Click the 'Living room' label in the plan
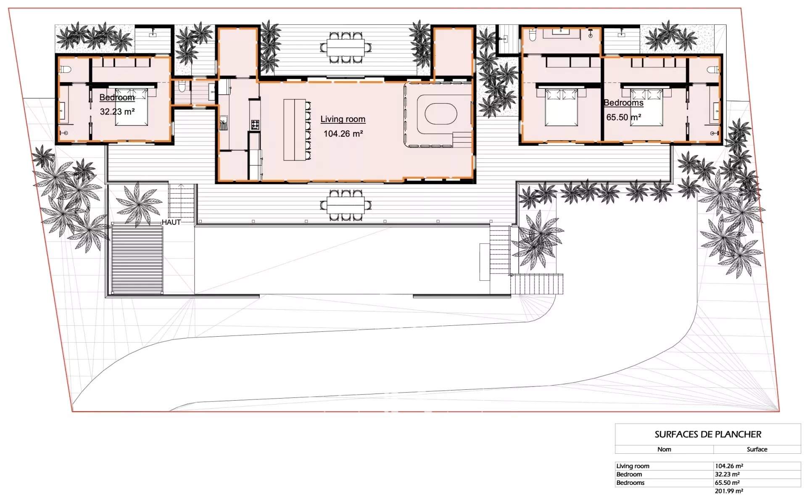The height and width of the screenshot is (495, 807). pos(343,119)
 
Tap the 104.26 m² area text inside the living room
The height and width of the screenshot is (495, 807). pos(343,134)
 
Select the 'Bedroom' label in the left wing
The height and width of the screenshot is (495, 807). pos(117,97)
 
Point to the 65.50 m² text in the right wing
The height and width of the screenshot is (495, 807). pos(623,117)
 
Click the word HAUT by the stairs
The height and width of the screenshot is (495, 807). pos(171,222)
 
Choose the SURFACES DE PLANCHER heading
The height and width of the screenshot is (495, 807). pos(708,434)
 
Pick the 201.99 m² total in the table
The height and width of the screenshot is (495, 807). pos(729,491)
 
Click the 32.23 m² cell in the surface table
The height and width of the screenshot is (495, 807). pos(727,474)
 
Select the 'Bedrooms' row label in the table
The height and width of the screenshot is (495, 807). pos(630,483)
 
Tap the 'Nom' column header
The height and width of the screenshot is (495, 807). pos(664,449)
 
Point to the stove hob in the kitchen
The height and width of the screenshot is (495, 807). pos(255,124)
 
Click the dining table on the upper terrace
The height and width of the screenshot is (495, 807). pos(345,48)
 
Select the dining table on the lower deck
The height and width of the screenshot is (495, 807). pos(345,205)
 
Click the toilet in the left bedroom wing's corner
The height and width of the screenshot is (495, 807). pos(66,69)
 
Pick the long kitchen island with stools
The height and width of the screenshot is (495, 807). pos(294,130)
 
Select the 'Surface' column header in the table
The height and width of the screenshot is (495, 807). pos(757,449)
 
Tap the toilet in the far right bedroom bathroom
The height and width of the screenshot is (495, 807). pos(713,69)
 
